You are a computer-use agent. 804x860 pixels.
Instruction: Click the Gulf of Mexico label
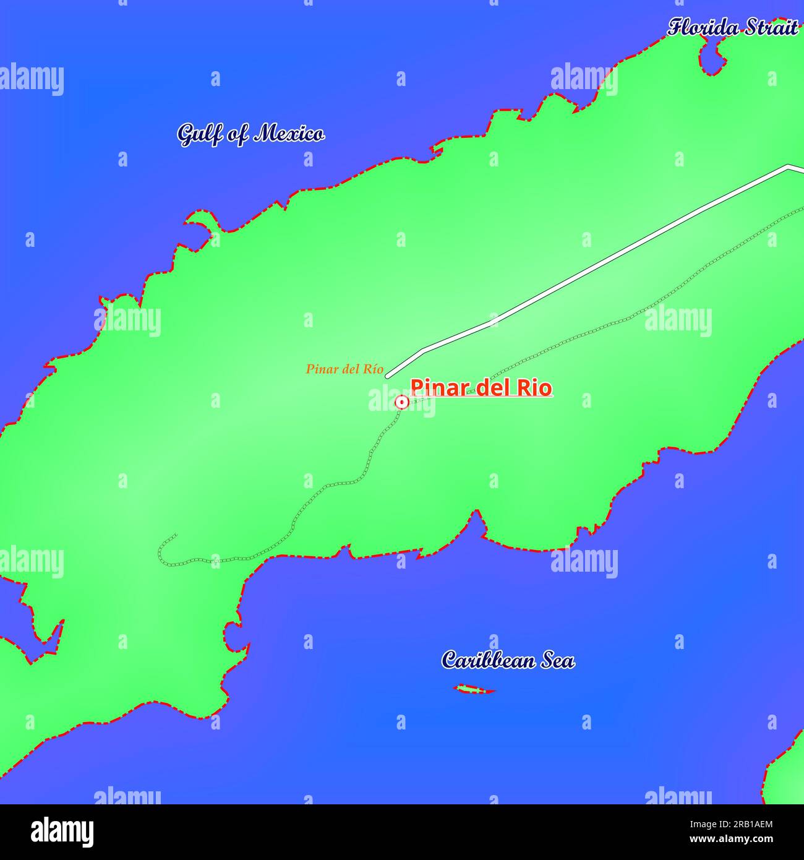[250, 134]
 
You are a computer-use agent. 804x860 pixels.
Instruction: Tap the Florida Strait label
[732, 28]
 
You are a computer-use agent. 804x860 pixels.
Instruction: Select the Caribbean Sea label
[508, 660]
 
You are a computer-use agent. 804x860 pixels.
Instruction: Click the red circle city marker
[401, 403]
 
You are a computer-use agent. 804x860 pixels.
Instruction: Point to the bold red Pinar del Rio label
[481, 388]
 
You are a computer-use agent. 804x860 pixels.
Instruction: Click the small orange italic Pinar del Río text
[344, 369]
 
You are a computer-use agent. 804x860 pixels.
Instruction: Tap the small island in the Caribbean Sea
[474, 689]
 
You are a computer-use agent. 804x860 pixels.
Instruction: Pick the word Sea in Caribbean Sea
[557, 660]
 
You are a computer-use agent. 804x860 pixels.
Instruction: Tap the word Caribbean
[489, 660]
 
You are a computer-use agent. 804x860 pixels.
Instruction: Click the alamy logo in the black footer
[62, 832]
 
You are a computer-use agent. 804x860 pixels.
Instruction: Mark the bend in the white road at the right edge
[787, 166]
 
